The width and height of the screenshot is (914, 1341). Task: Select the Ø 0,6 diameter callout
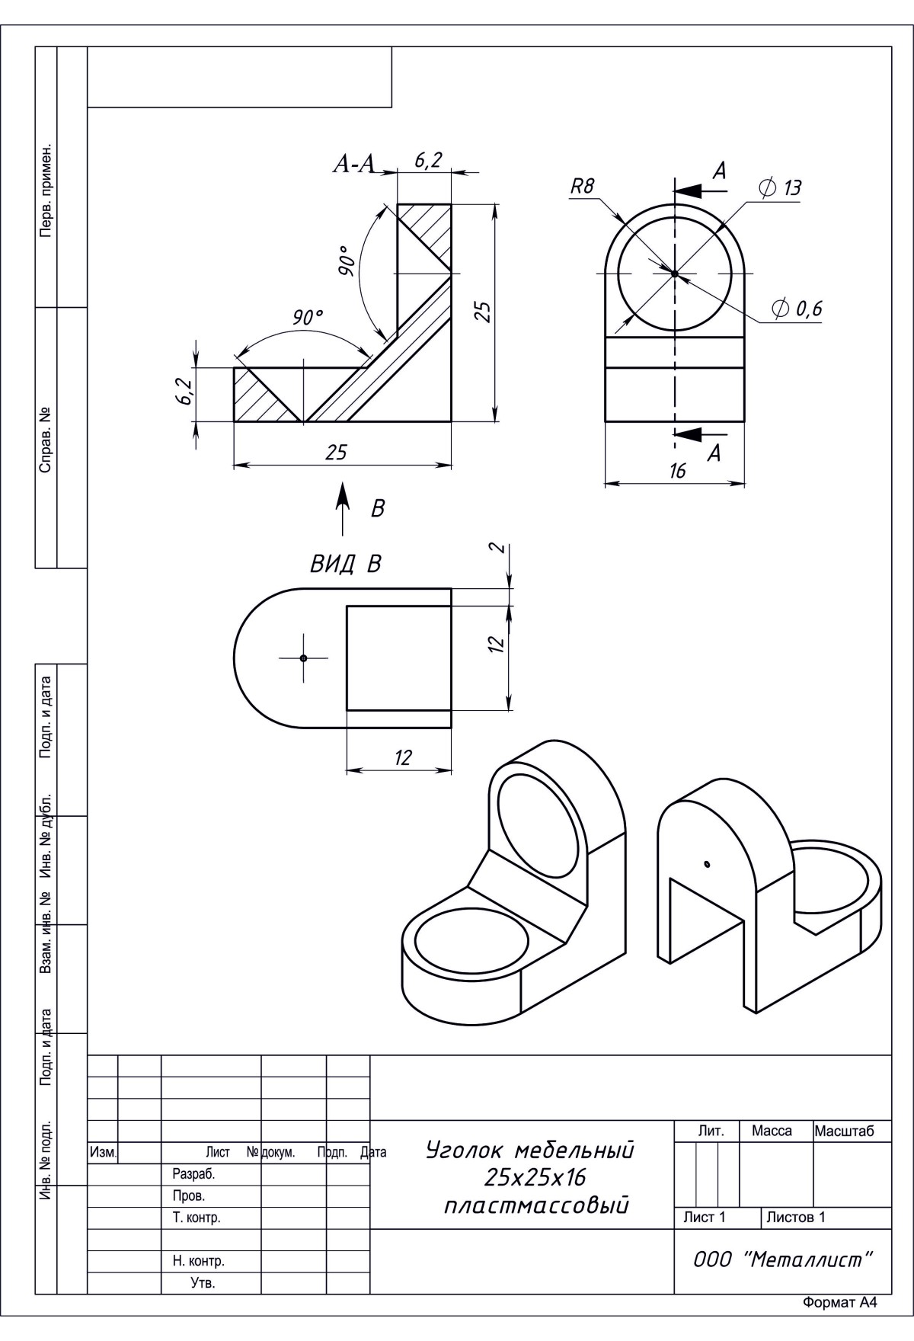797,309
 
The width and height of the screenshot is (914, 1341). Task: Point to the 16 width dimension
677,471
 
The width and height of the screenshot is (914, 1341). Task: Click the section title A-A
356,165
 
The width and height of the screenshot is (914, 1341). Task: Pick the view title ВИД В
345,564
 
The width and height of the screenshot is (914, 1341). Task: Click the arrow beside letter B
344,508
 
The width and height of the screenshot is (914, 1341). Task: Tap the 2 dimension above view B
497,549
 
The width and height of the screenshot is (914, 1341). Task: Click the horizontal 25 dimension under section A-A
336,453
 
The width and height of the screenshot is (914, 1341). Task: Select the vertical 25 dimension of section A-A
481,312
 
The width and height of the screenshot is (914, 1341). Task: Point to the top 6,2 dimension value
428,162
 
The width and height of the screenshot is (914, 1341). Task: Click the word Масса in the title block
772,1131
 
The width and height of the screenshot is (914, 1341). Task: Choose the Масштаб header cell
844,1131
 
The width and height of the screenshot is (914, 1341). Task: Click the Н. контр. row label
198,1261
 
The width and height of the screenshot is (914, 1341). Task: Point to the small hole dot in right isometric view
708,864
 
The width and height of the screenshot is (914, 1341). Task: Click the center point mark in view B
303,658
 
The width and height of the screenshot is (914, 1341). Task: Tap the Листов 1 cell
796,1217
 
